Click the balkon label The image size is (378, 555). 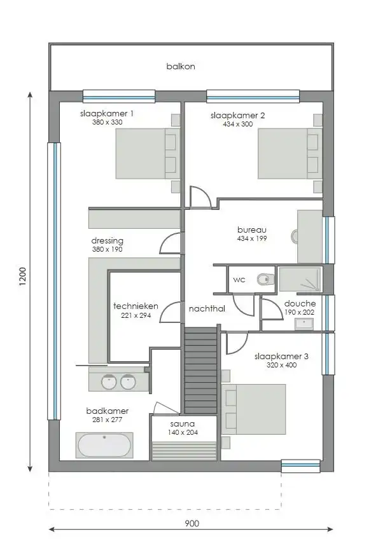[181, 66]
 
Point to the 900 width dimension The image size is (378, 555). [192, 523]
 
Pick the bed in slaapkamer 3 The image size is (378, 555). [253, 409]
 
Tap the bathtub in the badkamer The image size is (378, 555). [104, 445]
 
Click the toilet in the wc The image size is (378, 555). [265, 278]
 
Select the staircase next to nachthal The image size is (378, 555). [201, 370]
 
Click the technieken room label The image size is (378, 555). [136, 306]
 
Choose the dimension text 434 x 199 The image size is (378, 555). [251, 238]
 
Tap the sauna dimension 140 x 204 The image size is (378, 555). [182, 432]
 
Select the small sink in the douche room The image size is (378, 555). [304, 324]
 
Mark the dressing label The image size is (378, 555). [107, 241]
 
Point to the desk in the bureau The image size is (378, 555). [310, 236]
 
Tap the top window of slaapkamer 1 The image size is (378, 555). [119, 97]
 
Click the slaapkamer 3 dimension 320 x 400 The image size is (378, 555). [281, 366]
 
